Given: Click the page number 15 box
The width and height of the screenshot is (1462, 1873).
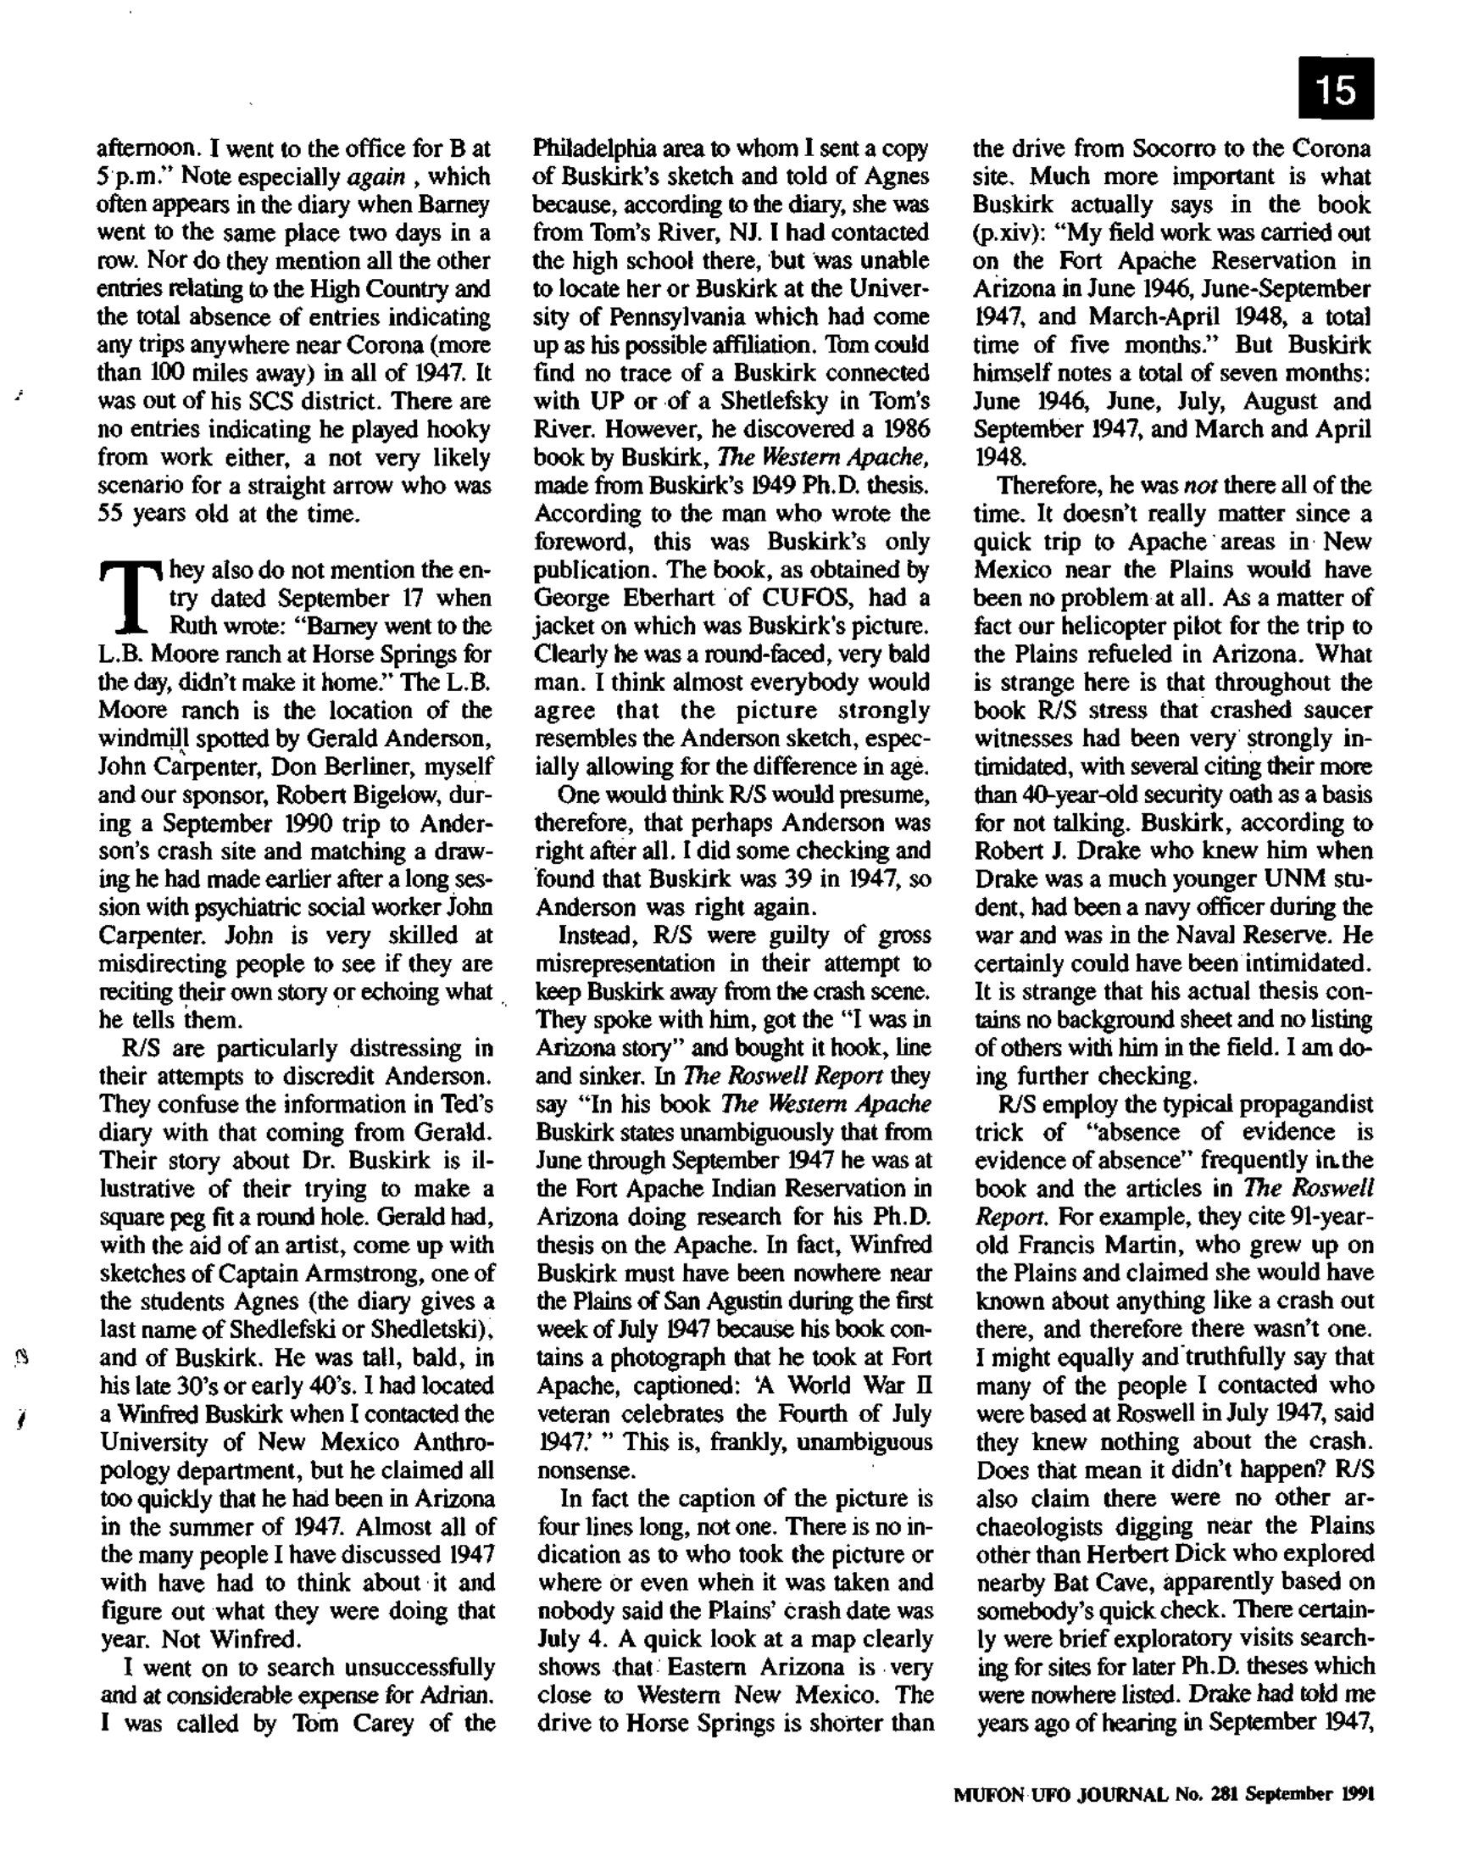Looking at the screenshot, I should (x=1336, y=88).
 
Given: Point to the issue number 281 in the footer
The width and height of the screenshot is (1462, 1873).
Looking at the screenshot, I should (x=1226, y=1794).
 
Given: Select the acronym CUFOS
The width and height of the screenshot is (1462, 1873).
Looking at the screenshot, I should (x=795, y=598).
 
